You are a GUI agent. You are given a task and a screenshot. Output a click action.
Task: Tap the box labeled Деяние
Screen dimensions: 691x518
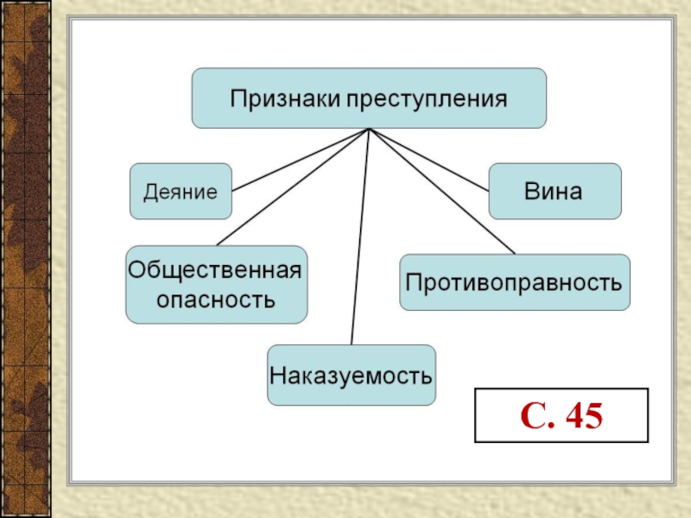coord(181,191)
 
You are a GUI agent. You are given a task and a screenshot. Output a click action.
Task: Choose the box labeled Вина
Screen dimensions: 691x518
coord(555,191)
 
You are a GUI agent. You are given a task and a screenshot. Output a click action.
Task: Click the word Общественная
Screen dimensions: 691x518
coord(215,270)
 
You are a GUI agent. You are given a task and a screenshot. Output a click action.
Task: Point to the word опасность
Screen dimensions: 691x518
coord(215,300)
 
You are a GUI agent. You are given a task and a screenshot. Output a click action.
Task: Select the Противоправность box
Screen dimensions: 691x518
coord(514,281)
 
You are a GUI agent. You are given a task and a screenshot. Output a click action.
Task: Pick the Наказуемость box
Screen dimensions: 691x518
coord(352,376)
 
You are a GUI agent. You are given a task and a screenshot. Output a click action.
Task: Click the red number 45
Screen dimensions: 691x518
coord(584,416)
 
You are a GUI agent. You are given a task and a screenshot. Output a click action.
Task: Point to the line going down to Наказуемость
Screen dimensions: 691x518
coord(360,242)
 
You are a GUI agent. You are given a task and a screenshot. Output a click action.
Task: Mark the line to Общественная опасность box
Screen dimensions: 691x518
coord(289,189)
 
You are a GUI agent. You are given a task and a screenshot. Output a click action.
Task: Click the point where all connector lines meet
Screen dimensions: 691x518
coord(369,129)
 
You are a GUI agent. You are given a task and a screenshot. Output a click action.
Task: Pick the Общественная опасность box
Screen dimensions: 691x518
coord(215,284)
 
